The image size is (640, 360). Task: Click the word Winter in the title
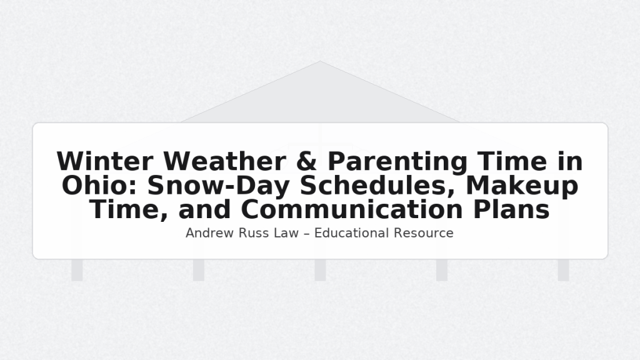pos(105,161)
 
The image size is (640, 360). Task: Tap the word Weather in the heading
pos(224,161)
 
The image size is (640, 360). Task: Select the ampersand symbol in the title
pos(306,161)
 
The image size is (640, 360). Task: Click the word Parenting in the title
pos(397,162)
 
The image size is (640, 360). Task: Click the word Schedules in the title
pos(377,186)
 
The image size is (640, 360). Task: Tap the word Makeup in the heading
pos(522,186)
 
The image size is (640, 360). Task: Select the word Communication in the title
pos(352,209)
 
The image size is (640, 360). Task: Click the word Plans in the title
pos(511,209)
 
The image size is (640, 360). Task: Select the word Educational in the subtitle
pos(351,233)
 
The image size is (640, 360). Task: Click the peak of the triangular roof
pos(320,61)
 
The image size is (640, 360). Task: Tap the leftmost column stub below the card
pos(77,270)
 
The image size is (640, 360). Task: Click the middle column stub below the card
pos(321,270)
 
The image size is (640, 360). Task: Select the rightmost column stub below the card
pos(564,270)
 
